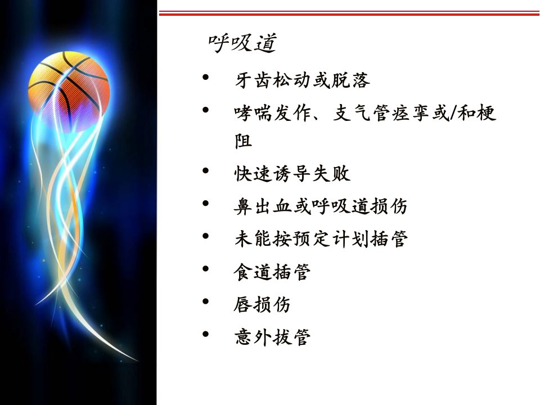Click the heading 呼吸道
point(242,43)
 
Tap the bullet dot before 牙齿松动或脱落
point(206,77)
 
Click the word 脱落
point(350,80)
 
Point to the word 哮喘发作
point(273,113)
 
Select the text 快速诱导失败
point(292,173)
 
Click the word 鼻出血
point(263,206)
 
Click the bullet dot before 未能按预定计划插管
point(206,236)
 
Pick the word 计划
point(351,238)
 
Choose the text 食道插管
point(272,272)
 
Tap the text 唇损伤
point(262,304)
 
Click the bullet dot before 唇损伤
point(206,301)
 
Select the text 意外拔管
point(272,337)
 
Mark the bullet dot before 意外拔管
point(206,334)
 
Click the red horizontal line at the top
point(349,13)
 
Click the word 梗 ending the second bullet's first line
point(487,113)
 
